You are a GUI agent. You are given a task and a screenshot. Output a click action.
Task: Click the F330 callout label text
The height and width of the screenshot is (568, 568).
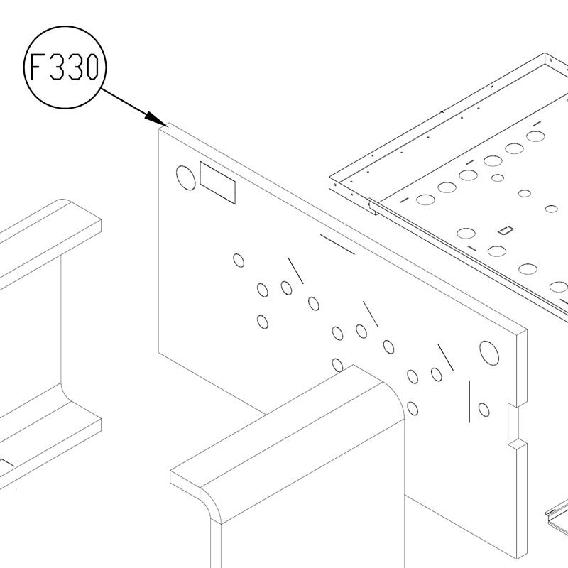click(64, 67)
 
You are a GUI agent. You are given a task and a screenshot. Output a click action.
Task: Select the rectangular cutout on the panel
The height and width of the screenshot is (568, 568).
click(217, 182)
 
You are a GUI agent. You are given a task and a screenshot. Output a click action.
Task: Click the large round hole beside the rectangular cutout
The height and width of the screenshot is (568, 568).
click(185, 178)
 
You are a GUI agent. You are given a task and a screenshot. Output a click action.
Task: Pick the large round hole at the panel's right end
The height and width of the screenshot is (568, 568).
click(489, 353)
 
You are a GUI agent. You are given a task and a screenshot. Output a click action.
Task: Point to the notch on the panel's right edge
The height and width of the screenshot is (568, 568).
click(513, 425)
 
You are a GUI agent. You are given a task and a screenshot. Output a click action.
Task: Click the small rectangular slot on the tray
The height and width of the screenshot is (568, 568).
click(506, 230)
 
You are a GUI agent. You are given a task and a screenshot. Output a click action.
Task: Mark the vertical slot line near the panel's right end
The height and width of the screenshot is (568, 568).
click(469, 401)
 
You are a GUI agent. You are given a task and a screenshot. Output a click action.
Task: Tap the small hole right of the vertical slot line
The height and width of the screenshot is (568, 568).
click(484, 410)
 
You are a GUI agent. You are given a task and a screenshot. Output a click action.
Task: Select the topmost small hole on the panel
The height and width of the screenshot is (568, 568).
click(239, 260)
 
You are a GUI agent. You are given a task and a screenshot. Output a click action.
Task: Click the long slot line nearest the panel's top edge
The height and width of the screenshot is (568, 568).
click(337, 244)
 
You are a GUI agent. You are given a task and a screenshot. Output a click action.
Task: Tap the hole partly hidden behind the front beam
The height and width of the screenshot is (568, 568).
click(337, 365)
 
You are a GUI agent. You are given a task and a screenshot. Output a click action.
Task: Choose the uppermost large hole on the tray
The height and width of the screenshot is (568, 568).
click(535, 136)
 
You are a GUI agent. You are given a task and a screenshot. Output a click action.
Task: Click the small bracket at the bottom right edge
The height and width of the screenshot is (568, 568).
click(557, 514)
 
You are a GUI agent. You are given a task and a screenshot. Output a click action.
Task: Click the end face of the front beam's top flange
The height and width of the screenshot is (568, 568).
click(185, 479)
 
